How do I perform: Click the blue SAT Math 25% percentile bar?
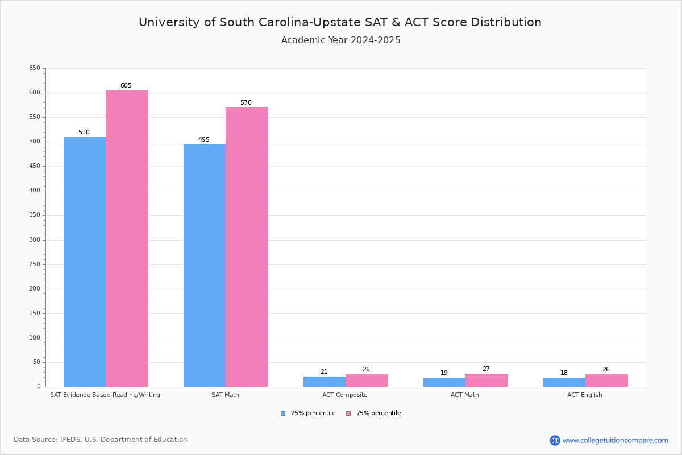204,266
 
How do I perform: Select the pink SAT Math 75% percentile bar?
247,247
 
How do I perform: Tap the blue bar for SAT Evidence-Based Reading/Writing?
84,262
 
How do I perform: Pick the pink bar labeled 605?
127,238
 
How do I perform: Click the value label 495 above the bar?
203,140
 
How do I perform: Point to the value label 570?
246,103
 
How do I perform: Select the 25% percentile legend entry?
308,413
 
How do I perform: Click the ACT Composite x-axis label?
344,395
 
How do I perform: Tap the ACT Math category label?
464,395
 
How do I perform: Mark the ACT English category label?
584,395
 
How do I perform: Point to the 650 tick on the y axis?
35,68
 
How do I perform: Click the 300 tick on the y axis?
35,240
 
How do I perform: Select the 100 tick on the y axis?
35,338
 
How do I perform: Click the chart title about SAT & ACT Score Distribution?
340,22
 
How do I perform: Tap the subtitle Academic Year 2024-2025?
340,40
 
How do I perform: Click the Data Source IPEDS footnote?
101,440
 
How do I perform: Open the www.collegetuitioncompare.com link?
615,440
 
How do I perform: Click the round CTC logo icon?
555,440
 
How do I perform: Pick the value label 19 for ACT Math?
444,373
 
